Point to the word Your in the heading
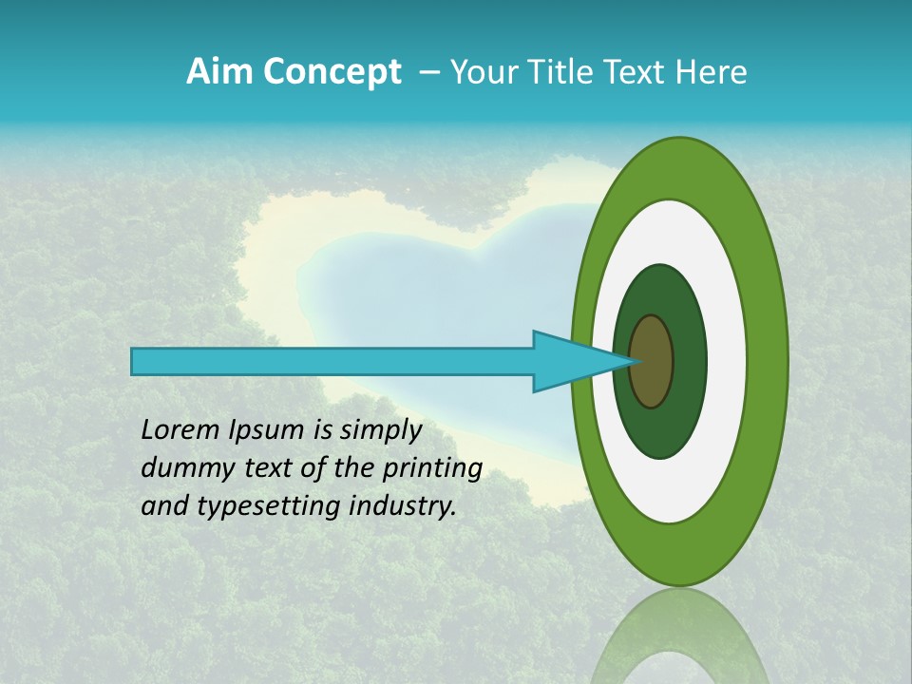pyautogui.click(x=480, y=72)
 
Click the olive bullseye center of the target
pyautogui.click(x=651, y=361)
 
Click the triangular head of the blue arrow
pyautogui.click(x=570, y=361)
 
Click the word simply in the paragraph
pyautogui.click(x=379, y=430)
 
